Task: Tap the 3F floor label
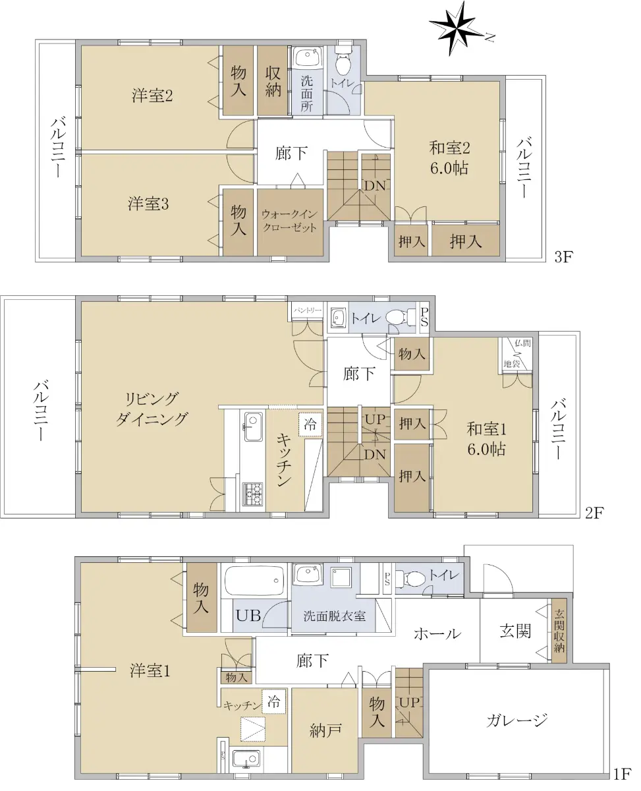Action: (x=564, y=256)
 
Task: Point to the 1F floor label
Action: (x=622, y=771)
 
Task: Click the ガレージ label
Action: (x=516, y=720)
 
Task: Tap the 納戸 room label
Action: (x=325, y=731)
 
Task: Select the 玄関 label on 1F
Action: (x=515, y=631)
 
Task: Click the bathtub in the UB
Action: (x=254, y=581)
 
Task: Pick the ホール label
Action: (x=437, y=633)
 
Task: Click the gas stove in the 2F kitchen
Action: (x=253, y=494)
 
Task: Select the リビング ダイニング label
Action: (x=152, y=409)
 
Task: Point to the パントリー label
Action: (x=307, y=310)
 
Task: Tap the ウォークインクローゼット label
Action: (x=289, y=221)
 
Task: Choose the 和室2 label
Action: (x=449, y=148)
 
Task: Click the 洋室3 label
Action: (x=148, y=204)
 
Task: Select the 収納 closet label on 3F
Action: (x=273, y=82)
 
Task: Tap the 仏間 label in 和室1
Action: (x=522, y=343)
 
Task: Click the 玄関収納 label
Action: (x=559, y=630)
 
